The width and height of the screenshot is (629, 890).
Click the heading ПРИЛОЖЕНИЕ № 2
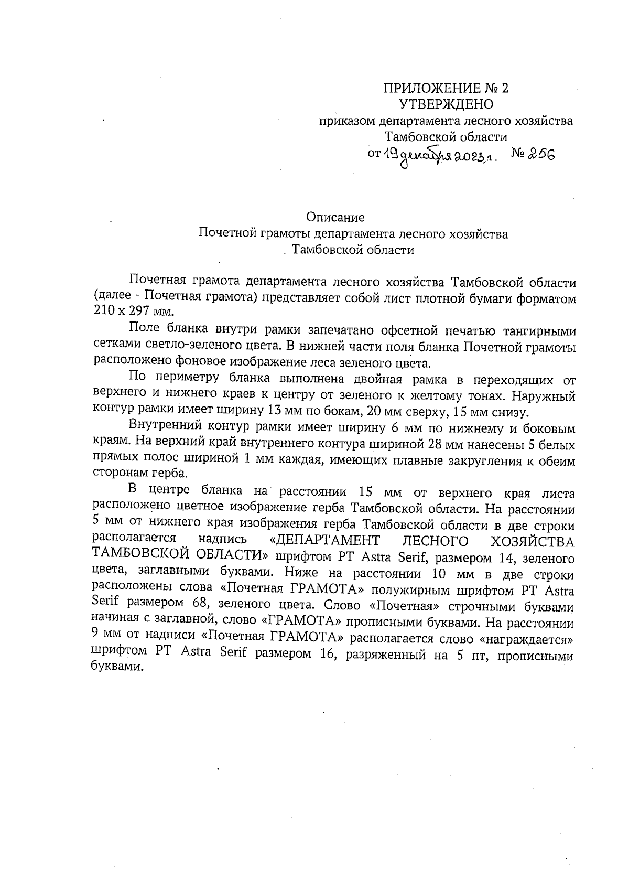[446, 88]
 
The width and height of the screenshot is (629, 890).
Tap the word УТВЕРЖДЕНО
[446, 104]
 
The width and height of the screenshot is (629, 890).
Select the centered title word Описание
[335, 217]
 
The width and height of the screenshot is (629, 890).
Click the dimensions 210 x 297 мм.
[132, 312]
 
